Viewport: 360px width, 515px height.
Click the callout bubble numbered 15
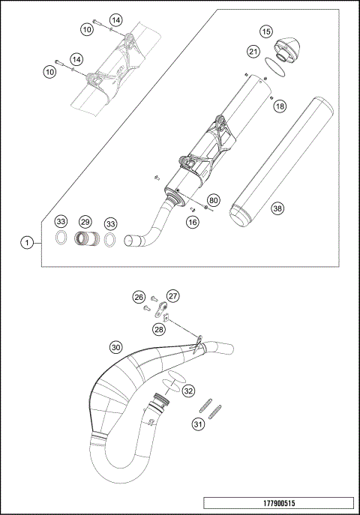[x=266, y=31]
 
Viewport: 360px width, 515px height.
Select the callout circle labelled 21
[x=253, y=51]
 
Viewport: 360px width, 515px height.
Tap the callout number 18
[x=279, y=107]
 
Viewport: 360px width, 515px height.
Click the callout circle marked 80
[x=214, y=200]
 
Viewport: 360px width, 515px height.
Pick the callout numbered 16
[x=193, y=222]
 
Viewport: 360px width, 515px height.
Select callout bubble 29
[x=85, y=223]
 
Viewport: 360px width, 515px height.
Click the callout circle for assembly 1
[x=27, y=242]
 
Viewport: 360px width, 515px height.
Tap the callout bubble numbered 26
[x=138, y=296]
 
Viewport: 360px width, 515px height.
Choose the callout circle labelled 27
[x=172, y=295]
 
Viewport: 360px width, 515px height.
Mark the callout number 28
[x=158, y=329]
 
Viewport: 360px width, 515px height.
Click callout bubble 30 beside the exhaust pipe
[x=115, y=347]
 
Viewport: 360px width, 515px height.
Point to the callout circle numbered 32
[x=188, y=391]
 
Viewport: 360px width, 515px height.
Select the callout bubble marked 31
[x=197, y=424]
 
